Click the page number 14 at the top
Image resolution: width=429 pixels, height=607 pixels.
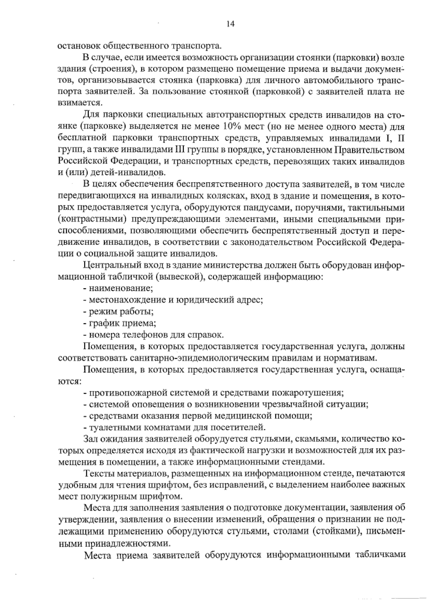(x=230, y=24)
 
